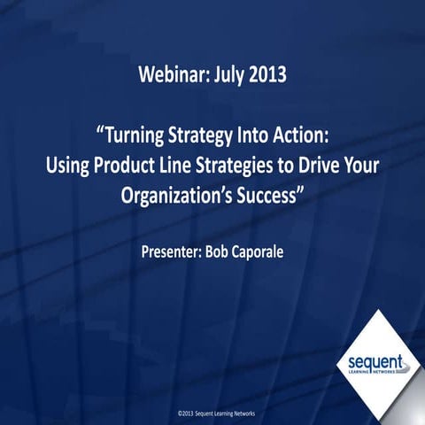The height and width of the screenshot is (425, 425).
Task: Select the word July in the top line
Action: pos(225,73)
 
